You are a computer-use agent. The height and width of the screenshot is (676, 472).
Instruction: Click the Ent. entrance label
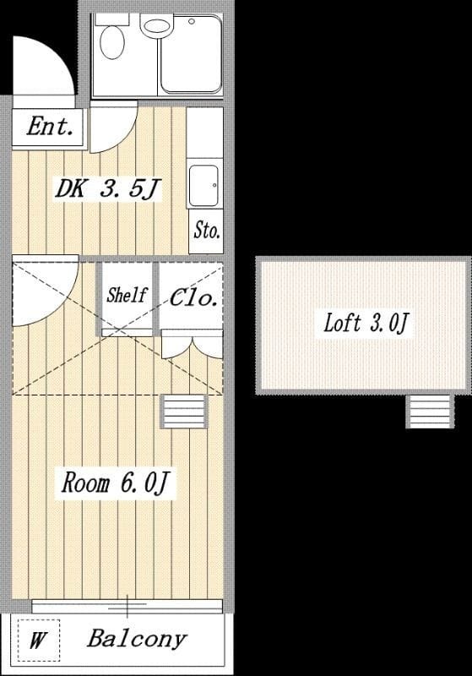point(50,127)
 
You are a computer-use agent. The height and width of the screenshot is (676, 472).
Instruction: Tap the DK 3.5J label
point(108,188)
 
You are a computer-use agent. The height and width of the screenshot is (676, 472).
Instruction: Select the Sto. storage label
point(207,230)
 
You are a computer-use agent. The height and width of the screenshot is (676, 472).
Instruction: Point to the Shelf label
point(127,295)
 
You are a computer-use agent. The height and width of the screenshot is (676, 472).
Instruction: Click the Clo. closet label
point(193,297)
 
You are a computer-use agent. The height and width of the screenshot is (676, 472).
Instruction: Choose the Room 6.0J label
point(116,482)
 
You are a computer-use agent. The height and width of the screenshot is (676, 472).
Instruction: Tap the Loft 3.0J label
point(366,323)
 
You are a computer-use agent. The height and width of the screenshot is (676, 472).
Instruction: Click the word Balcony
point(138,638)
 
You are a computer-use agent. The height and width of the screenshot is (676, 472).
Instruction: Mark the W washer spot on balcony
point(38,641)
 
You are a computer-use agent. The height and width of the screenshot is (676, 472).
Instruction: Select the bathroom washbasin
point(157,27)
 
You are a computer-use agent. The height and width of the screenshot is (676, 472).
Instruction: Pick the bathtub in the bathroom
point(191,54)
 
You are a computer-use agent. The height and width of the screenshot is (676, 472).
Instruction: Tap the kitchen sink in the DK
point(203,186)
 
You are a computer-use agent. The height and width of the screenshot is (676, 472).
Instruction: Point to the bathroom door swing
point(125,137)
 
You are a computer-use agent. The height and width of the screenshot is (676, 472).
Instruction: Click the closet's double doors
point(192,344)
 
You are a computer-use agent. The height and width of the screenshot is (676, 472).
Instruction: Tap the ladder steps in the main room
point(184,412)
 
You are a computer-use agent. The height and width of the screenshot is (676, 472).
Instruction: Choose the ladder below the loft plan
point(430,412)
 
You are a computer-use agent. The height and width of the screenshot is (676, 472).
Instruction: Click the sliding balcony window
point(127,605)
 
